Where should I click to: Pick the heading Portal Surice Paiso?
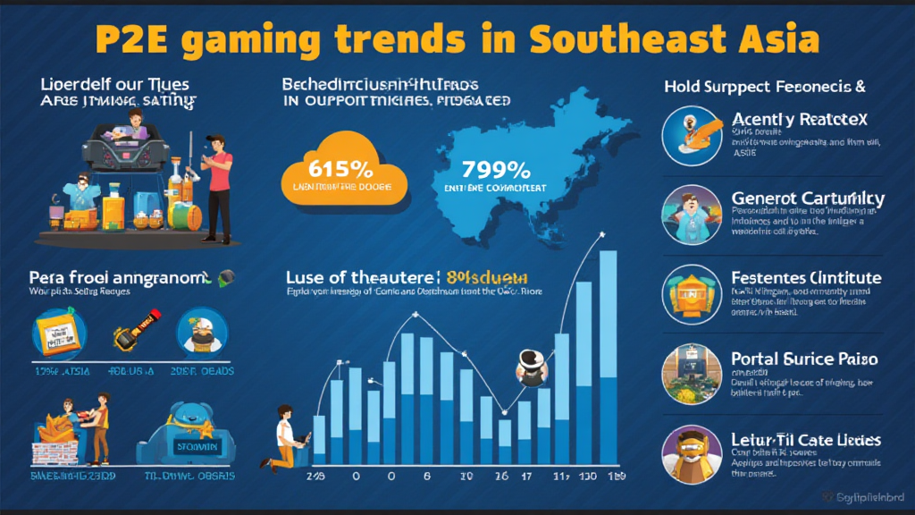(x=804, y=359)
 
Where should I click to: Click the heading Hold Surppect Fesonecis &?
(x=765, y=88)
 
